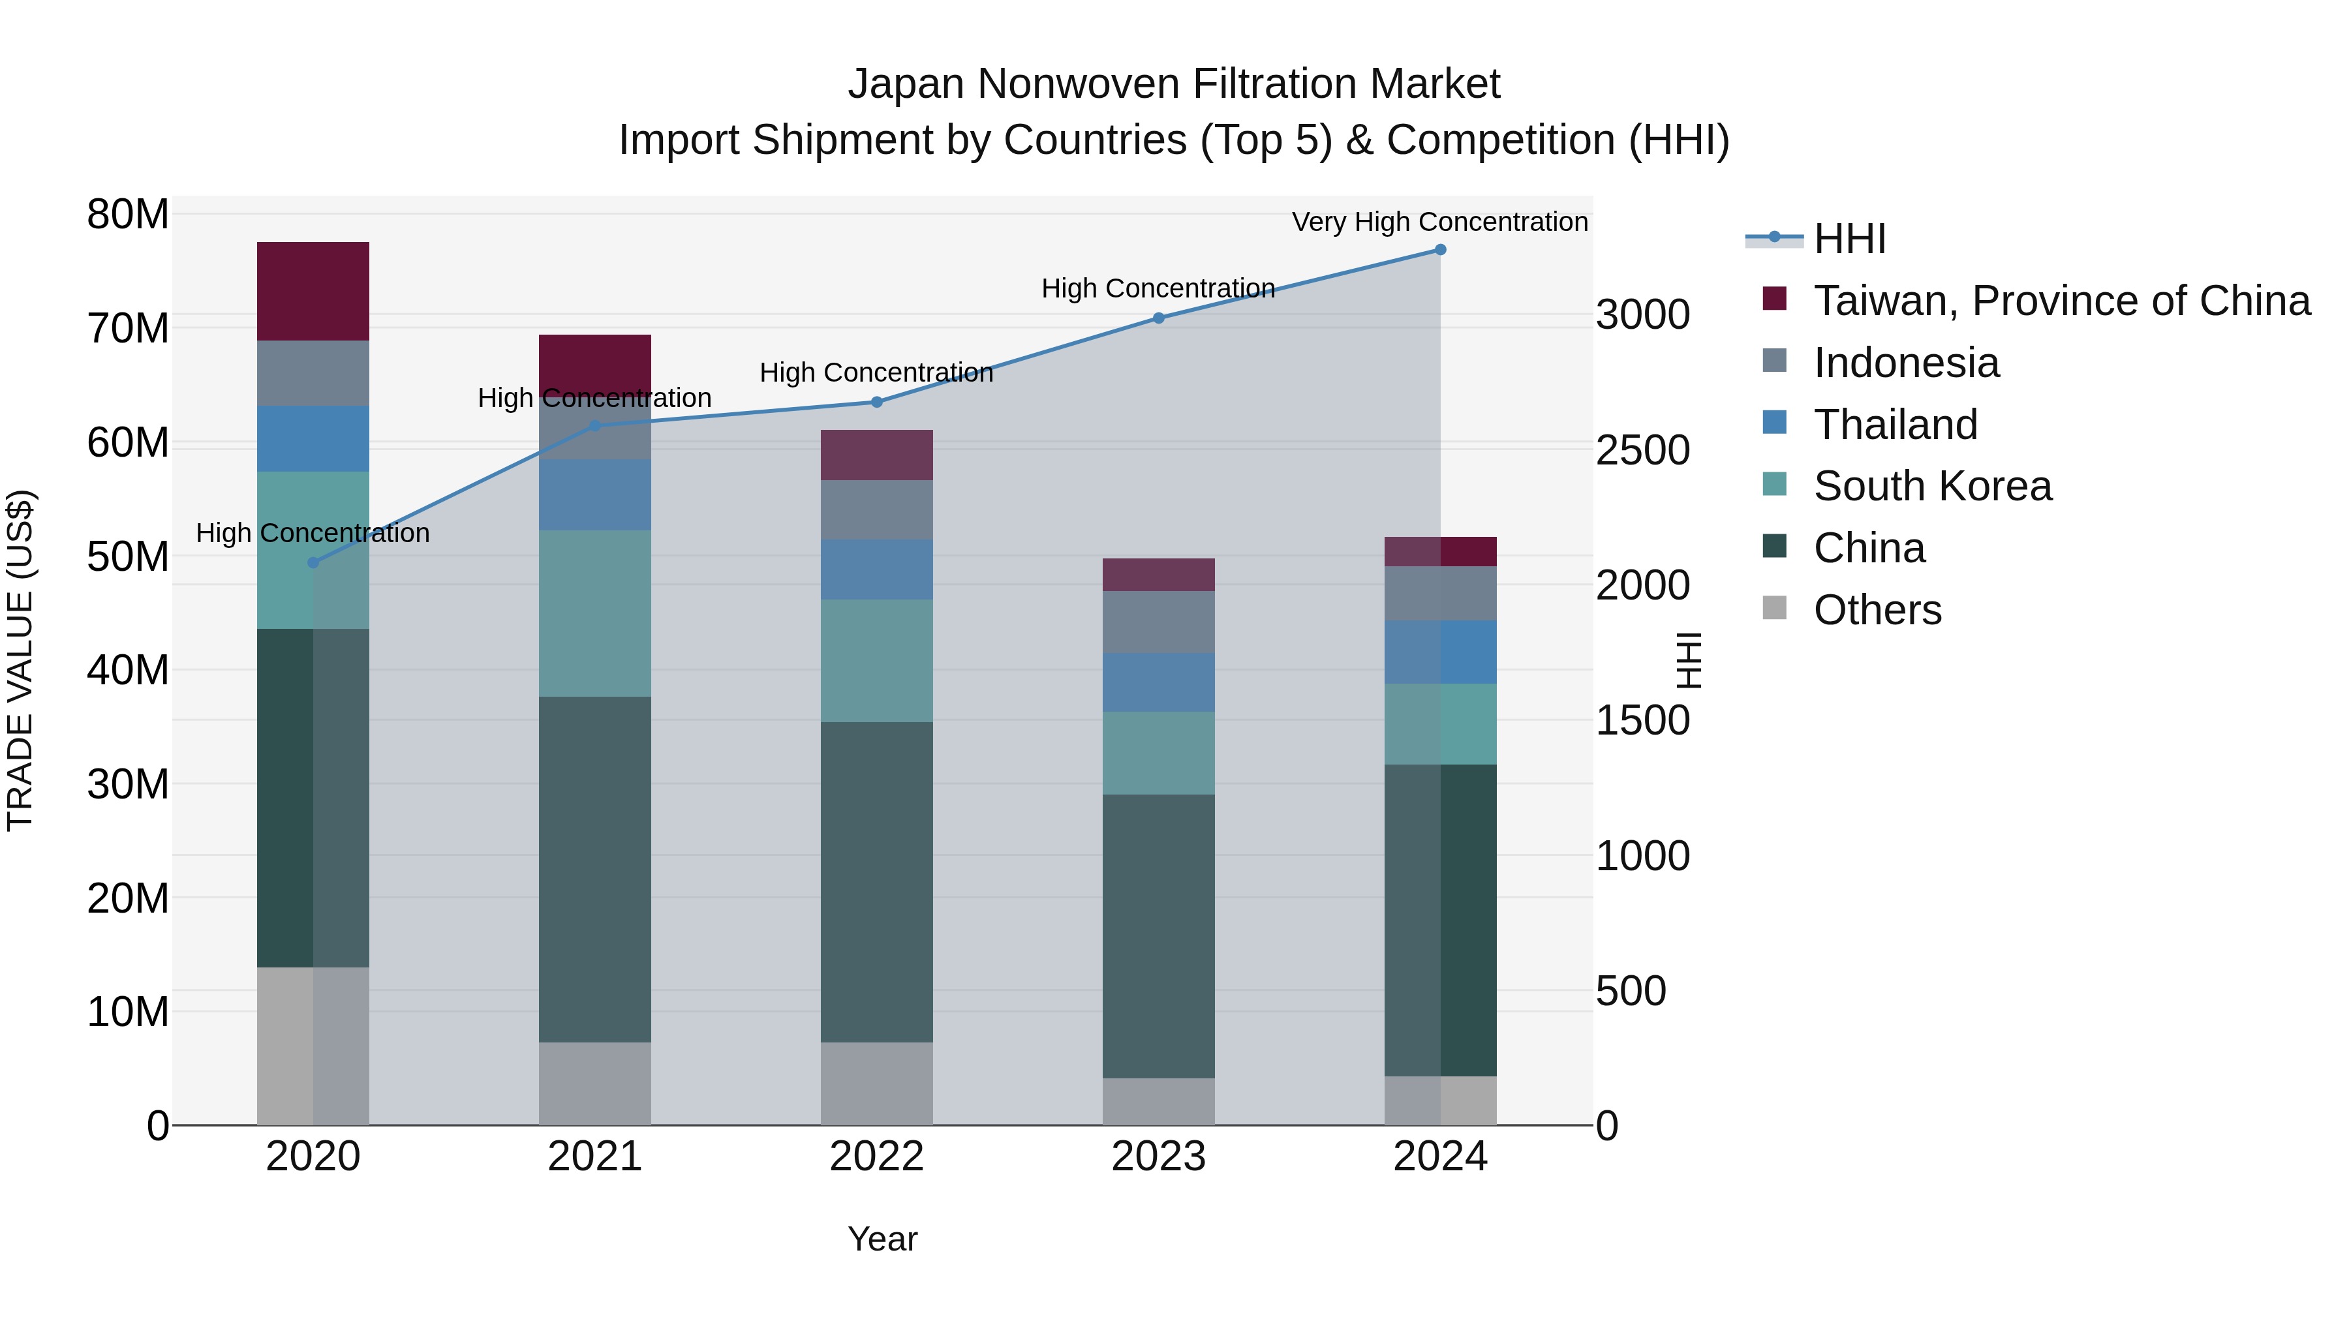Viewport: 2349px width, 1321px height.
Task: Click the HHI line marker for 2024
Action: pos(1440,250)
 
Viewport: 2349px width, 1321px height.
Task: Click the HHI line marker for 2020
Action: pos(313,562)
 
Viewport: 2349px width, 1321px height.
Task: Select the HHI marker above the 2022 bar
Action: pos(876,402)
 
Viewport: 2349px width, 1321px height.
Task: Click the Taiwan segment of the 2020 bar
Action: pos(313,292)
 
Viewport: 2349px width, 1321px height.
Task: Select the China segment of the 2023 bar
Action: pos(1158,935)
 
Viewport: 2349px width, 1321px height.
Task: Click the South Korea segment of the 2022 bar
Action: pos(876,661)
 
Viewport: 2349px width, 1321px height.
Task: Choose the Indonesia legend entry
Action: pos(1906,363)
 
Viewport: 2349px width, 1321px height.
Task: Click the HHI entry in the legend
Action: pos(1849,239)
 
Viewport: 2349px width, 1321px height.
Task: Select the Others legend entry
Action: pos(1877,610)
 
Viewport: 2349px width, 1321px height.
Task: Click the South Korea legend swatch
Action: pos(1775,484)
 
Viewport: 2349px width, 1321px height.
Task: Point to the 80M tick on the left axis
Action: pos(128,215)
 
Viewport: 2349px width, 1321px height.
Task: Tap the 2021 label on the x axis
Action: pos(594,1157)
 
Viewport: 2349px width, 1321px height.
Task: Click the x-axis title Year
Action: pos(882,1239)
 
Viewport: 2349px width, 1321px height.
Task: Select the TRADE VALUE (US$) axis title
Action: pos(20,660)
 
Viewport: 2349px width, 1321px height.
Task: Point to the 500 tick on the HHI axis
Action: pos(1631,991)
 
